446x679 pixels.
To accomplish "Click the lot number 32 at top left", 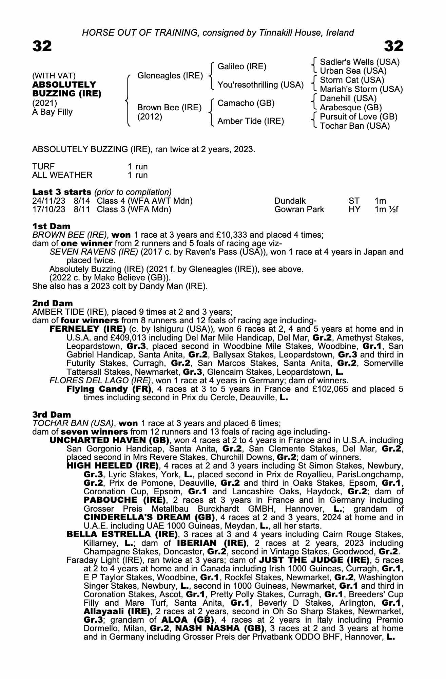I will tap(42, 46).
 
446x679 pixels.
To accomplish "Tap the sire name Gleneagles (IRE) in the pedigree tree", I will tap(170, 75).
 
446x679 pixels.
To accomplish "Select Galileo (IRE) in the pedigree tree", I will tap(242, 66).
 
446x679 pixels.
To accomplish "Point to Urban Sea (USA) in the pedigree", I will tap(353, 71).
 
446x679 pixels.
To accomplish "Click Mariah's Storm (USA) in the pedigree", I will tap(361, 89).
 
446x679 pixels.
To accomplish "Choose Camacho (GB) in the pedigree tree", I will tap(246, 103).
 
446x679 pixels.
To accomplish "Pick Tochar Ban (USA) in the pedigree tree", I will tap(355, 126).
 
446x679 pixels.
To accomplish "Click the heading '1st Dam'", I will tap(51, 226).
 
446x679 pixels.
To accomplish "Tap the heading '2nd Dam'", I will tap(52, 303).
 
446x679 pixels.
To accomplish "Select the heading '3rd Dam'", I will tap(52, 415).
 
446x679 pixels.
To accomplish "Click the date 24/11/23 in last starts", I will tap(49, 201).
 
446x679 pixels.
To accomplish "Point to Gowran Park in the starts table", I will tap(299, 209).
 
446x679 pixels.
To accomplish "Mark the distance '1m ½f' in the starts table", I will tap(386, 209).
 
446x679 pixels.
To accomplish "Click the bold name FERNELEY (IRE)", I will tap(88, 329).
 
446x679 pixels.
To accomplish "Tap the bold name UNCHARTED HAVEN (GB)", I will tap(109, 440).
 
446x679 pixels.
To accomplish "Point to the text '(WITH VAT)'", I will tap(54, 75).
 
